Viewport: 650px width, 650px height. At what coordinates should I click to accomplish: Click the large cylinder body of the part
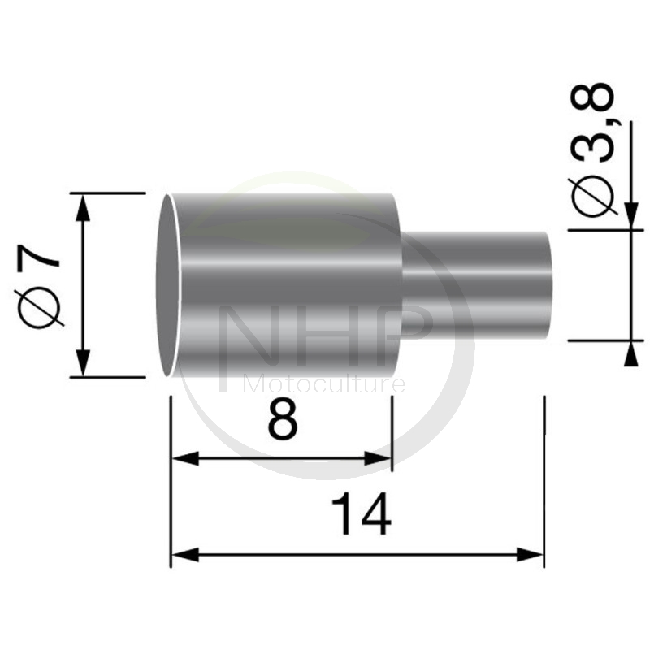tap(284, 284)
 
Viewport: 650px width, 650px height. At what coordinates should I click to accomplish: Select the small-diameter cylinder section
tap(479, 284)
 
